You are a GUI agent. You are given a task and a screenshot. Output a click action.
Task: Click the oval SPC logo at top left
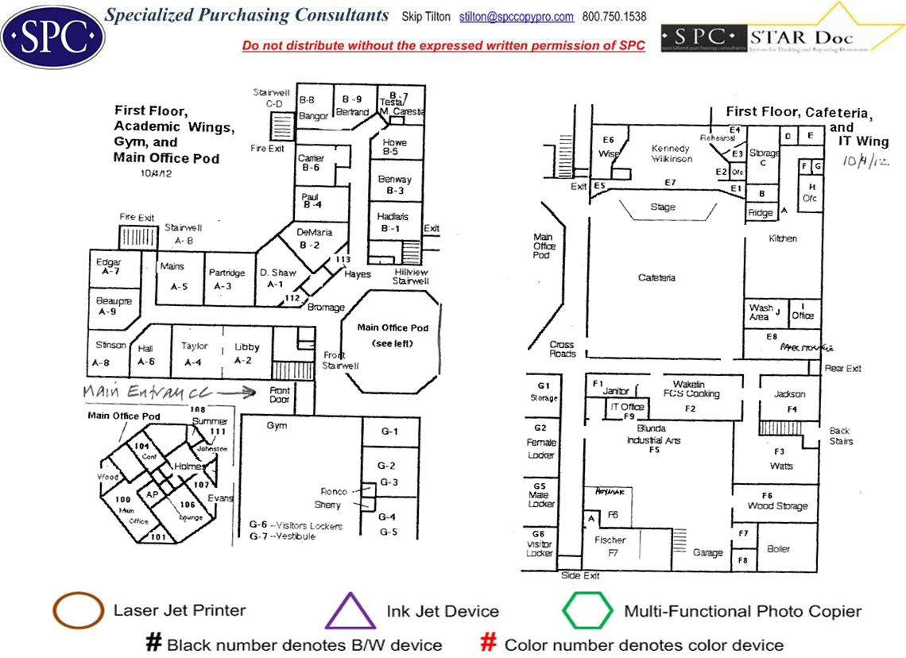click(x=52, y=34)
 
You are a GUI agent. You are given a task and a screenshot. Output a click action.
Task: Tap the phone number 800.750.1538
click(x=614, y=17)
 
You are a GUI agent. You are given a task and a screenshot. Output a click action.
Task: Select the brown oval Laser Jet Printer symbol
click(x=78, y=610)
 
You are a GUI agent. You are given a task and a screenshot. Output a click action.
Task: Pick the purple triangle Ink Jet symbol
click(x=350, y=611)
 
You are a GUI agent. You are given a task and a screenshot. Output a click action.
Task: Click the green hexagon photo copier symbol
click(x=587, y=611)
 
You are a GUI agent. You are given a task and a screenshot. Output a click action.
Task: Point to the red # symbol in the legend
click(x=490, y=643)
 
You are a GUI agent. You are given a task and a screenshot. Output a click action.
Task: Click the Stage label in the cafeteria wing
click(x=663, y=207)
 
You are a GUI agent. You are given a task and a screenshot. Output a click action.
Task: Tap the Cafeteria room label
click(x=657, y=277)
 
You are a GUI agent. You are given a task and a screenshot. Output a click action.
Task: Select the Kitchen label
click(x=783, y=238)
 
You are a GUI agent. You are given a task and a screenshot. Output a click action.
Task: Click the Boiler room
click(x=778, y=548)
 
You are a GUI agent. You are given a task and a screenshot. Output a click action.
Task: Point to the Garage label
click(x=707, y=552)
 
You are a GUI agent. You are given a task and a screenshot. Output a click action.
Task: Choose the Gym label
click(x=277, y=426)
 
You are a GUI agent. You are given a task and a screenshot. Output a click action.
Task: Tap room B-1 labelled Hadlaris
click(x=394, y=222)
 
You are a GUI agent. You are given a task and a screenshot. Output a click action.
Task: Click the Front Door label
click(x=280, y=395)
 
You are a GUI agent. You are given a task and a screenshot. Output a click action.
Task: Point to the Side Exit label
click(x=580, y=575)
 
